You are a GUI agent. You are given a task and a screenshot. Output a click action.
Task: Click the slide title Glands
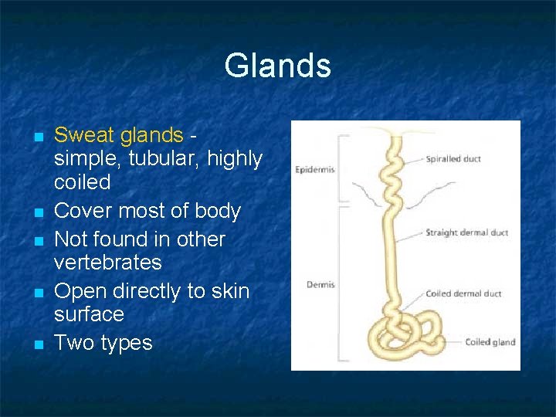[x=277, y=66]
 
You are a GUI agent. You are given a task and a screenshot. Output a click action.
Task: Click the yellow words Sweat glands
[x=118, y=135]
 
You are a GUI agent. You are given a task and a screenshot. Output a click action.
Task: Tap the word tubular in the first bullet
[x=161, y=159]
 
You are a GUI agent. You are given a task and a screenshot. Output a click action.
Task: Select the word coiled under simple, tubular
[x=82, y=182]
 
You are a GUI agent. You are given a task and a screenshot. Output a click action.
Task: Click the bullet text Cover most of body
[x=147, y=211]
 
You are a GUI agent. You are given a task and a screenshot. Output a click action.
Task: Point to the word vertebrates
[x=107, y=263]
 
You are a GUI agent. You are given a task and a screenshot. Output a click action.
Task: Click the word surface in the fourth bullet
[x=89, y=314]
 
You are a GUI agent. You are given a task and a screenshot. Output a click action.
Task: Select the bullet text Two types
[x=103, y=342]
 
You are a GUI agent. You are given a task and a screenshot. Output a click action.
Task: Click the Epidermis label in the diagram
[x=314, y=170]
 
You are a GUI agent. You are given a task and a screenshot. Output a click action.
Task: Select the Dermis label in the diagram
[x=320, y=285]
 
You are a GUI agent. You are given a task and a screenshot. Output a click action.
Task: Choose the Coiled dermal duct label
[x=463, y=293]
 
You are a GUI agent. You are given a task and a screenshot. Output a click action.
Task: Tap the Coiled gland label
[x=490, y=342]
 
